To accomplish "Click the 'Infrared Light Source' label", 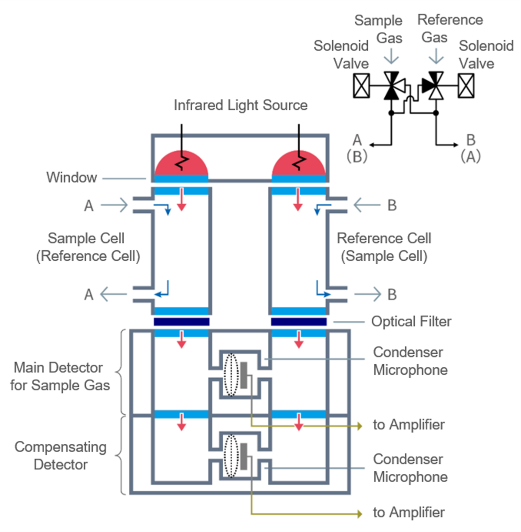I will tap(241, 105).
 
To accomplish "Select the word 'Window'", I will tap(72, 177).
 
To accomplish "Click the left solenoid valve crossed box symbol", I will tap(361, 85).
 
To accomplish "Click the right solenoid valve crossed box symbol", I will tap(466, 85).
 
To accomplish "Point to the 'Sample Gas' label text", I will tap(379, 29).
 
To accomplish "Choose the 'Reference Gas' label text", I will tap(450, 28).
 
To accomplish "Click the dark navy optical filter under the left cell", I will tap(181, 322).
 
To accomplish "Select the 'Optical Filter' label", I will tap(411, 322).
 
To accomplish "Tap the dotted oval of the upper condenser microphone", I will tap(231, 375).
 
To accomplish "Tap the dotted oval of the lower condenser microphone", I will tap(231, 456).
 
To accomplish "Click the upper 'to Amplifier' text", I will tap(409, 425).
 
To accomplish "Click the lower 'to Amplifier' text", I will tap(409, 512).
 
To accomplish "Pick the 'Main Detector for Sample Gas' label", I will tap(60, 376).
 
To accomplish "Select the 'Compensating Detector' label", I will tap(60, 456).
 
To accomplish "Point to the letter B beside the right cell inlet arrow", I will tap(392, 205).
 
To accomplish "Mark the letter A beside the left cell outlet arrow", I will tap(89, 295).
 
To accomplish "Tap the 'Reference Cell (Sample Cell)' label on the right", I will tap(384, 247).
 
